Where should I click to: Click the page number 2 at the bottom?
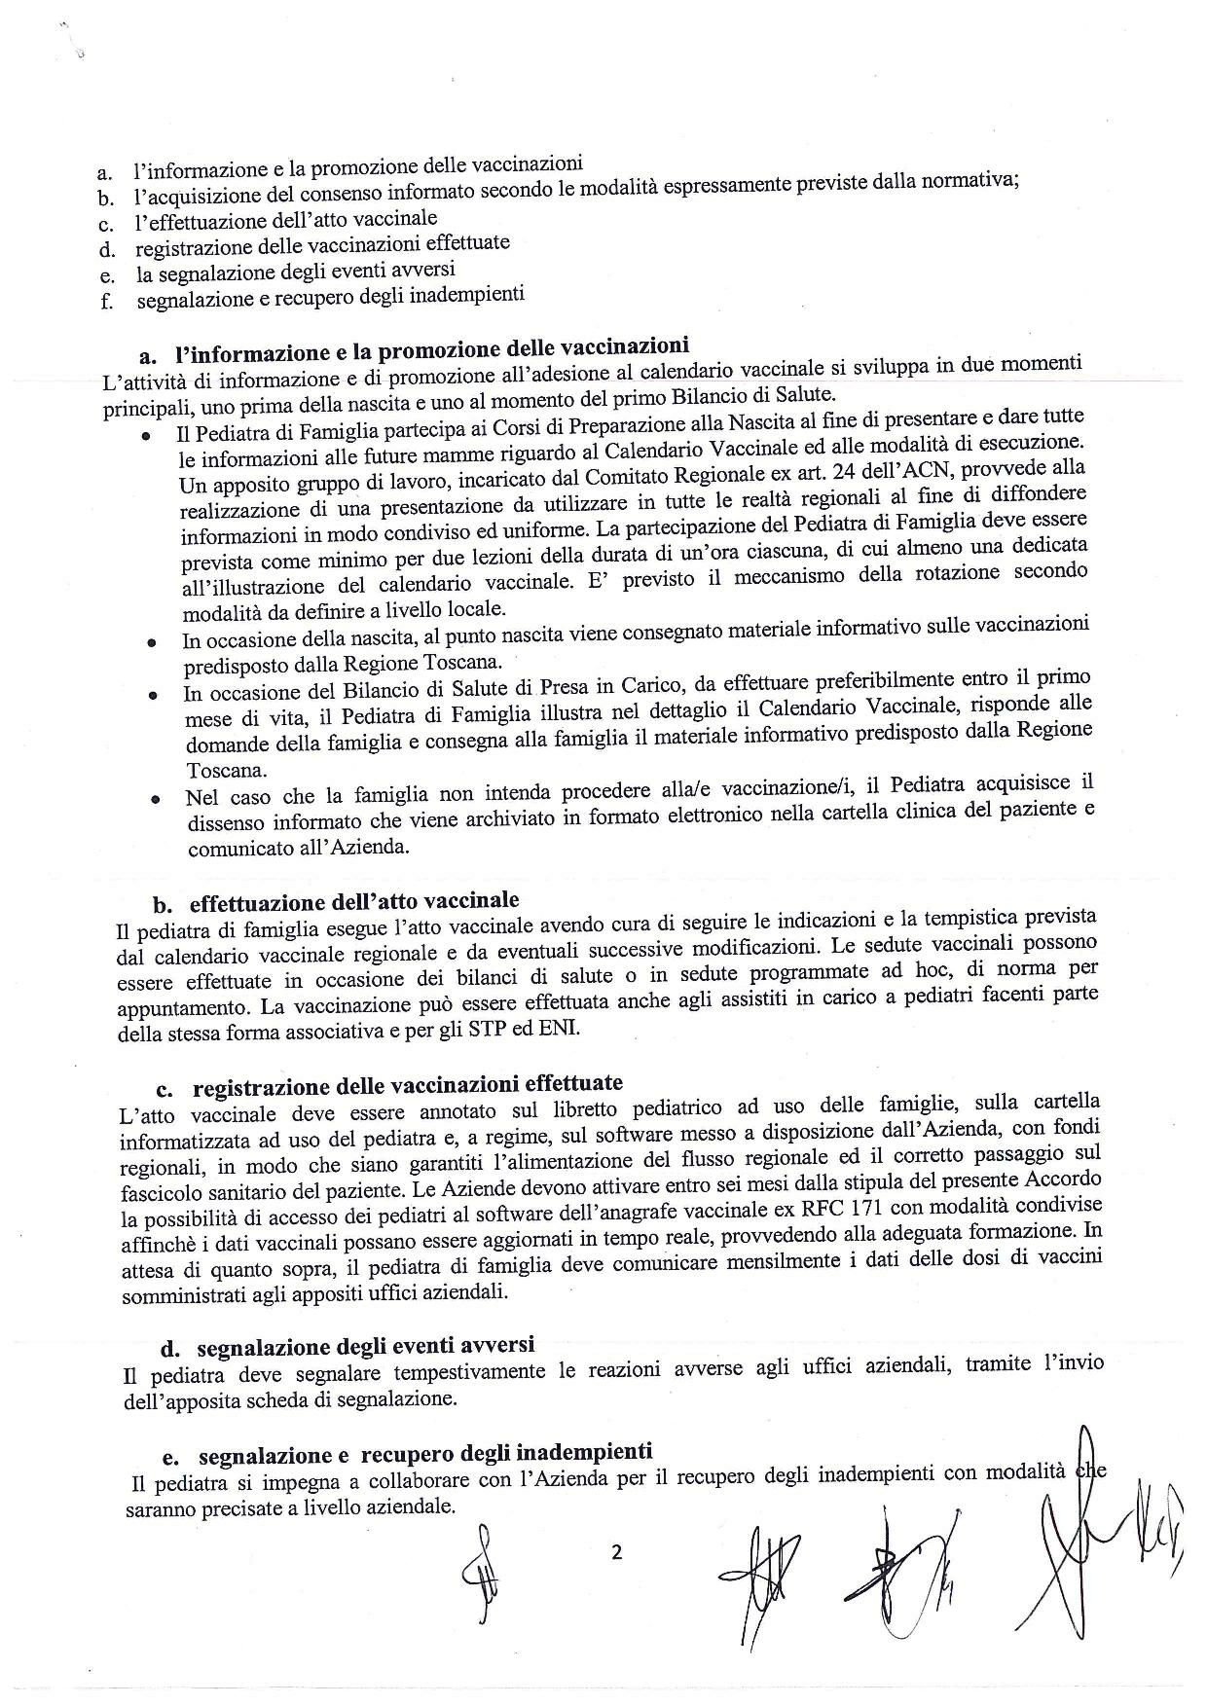[616, 1552]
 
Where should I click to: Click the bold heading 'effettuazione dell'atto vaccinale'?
[354, 899]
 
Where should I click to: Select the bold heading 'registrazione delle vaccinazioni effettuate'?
[408, 1084]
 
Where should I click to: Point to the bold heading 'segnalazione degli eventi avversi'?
[365, 1346]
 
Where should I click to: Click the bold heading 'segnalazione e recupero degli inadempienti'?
[424, 1454]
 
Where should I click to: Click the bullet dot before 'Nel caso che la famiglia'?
[154, 800]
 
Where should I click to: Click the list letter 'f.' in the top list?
[107, 301]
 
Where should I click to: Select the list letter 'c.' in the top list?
[107, 227]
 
